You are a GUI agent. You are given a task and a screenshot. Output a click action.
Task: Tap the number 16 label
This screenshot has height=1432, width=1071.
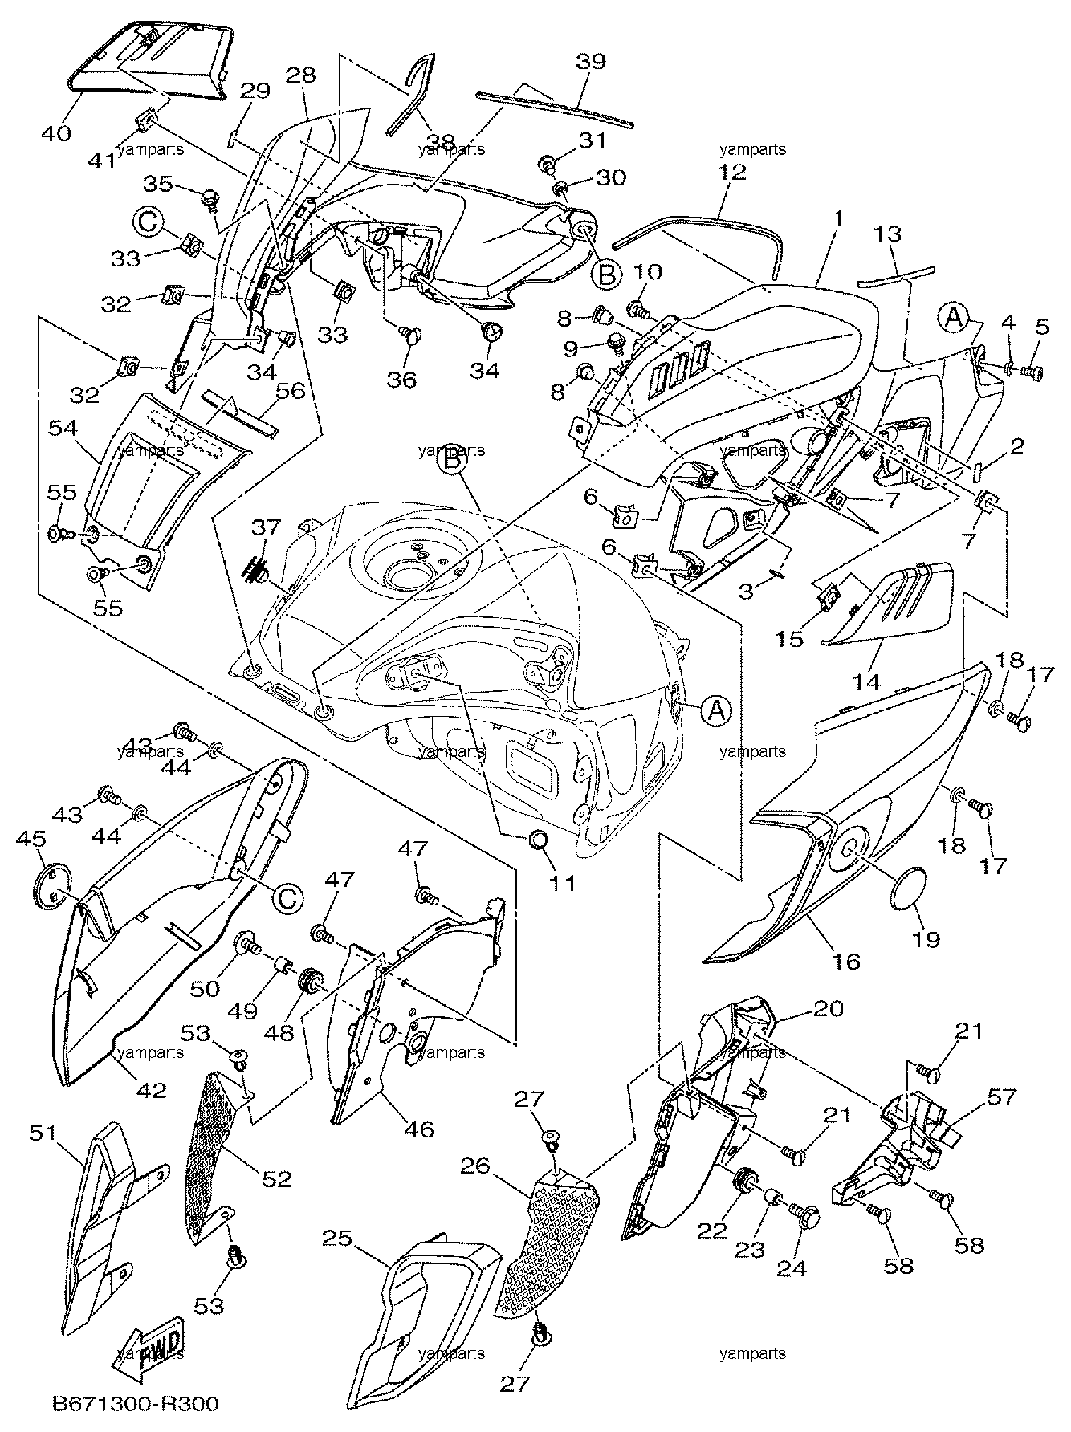pos(847,960)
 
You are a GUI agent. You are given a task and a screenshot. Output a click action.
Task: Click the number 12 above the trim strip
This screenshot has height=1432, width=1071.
pos(734,171)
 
